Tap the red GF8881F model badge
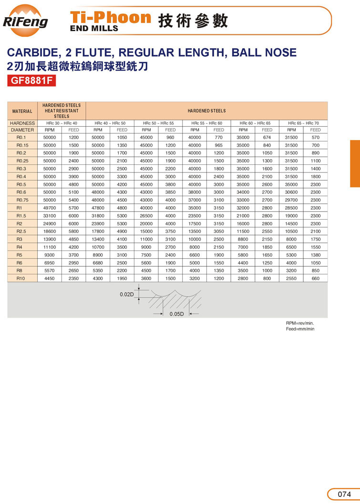pos(32,81)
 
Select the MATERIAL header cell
pos(22,111)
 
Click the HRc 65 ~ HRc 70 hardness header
pos(303,123)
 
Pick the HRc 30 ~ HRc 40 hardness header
pos(62,123)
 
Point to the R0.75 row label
pos(22,200)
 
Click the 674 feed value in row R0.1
pos(267,137)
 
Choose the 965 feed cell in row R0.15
pos(218,145)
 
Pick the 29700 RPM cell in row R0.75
pos(291,200)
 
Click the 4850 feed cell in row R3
pos(73,239)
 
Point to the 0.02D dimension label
pos(126,295)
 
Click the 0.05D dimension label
pos(176,313)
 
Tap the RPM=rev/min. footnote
pos(300,323)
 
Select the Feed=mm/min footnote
pos(300,329)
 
